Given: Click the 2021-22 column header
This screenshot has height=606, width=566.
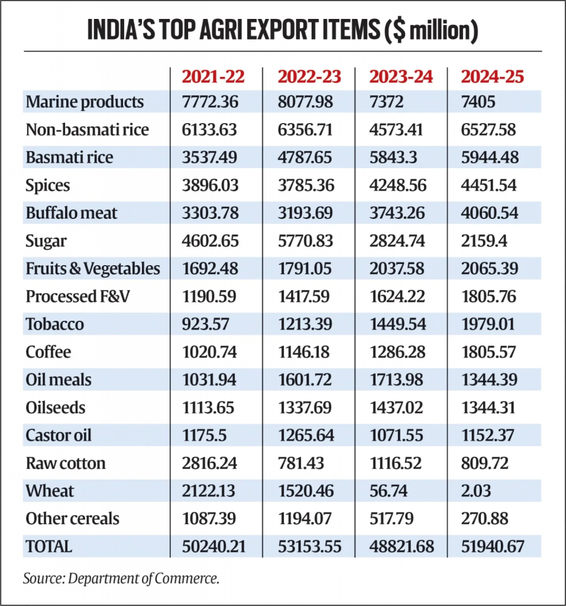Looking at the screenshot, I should click(x=212, y=76).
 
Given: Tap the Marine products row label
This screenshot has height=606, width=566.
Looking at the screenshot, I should click(x=85, y=102).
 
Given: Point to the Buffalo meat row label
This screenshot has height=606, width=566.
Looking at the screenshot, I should click(x=72, y=213).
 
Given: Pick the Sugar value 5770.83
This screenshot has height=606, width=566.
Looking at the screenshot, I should click(x=306, y=241).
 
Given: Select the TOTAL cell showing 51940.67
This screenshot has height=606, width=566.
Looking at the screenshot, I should click(x=493, y=547).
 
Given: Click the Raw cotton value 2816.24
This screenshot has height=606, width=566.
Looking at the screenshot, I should click(x=209, y=463).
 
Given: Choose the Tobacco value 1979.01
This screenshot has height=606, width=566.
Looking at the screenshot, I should click(x=489, y=324).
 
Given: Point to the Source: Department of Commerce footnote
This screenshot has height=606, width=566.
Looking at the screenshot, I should click(x=121, y=578).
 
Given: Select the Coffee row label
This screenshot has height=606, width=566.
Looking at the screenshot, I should click(x=48, y=352).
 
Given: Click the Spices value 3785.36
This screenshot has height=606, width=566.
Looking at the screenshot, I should click(x=306, y=185).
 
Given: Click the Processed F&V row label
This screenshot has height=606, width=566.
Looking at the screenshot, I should click(x=77, y=296).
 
